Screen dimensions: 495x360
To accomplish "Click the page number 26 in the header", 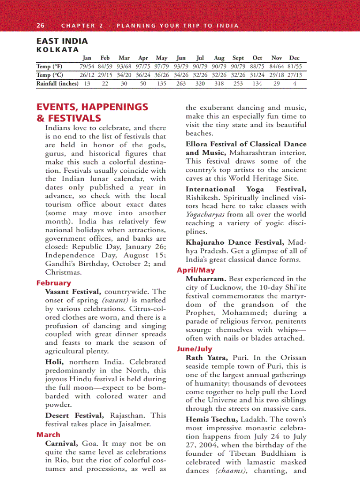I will [x=40, y=26].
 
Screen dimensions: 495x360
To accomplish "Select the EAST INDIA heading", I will [x=62, y=41].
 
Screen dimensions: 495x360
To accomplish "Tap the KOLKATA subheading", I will [x=57, y=50].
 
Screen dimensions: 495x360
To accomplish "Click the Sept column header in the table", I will [x=238, y=58].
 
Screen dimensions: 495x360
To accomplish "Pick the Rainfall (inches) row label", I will [x=57, y=83].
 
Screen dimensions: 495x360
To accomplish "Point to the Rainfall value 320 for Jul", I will [x=200, y=83].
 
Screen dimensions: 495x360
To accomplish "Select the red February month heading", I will [x=53, y=283].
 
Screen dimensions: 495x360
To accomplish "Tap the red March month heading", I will [x=48, y=435].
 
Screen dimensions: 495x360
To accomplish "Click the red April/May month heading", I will [x=196, y=270].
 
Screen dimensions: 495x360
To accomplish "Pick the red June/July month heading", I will [x=195, y=349].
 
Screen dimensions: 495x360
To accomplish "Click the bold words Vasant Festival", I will [x=73, y=292].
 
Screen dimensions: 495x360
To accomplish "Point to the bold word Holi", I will [x=53, y=362].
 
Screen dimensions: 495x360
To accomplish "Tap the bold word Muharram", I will [x=206, y=279].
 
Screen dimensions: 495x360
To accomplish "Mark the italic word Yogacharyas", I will [x=205, y=214].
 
